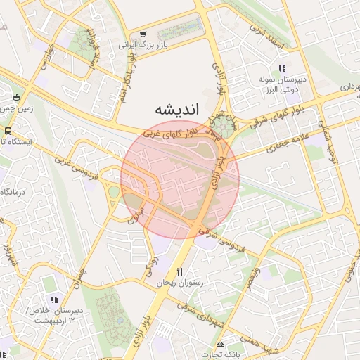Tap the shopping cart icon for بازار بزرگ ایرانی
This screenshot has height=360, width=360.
[143, 34]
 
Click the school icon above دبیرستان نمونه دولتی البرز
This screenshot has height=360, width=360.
[282, 68]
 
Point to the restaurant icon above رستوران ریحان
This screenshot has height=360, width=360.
[180, 271]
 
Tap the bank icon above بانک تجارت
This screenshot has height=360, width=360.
[221, 345]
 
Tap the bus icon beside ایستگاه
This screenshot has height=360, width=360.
[8, 131]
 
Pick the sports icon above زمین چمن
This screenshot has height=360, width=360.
[16, 97]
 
